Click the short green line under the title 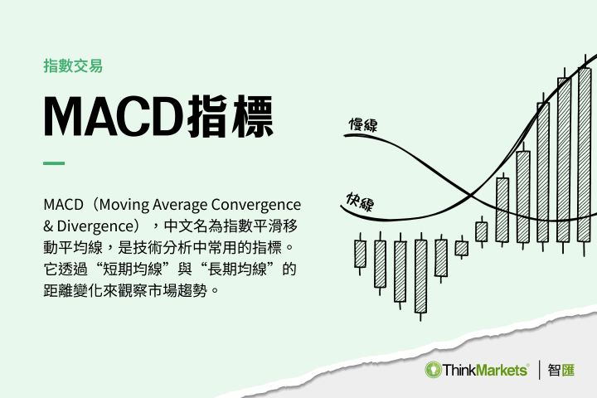54,163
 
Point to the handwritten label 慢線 362,126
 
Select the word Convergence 256,204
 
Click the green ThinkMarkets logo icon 434,369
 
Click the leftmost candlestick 360,254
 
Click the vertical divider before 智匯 540,370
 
